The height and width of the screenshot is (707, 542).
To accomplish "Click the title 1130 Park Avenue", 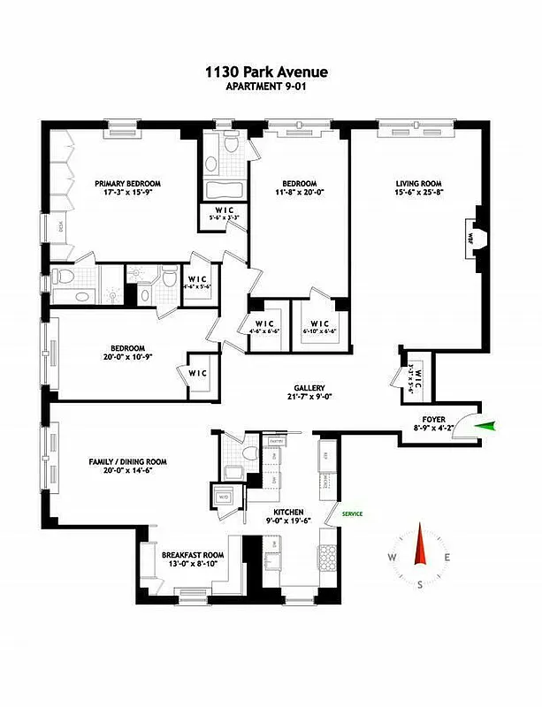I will [x=270, y=74].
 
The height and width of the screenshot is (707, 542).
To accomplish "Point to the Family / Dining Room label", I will [x=128, y=461].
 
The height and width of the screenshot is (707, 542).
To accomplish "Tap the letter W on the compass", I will [x=391, y=557].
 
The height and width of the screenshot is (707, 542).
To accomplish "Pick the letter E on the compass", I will [x=448, y=557].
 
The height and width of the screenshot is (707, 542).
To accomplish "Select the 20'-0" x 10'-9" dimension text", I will [x=128, y=358].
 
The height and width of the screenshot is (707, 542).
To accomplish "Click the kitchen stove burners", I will [x=328, y=558].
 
